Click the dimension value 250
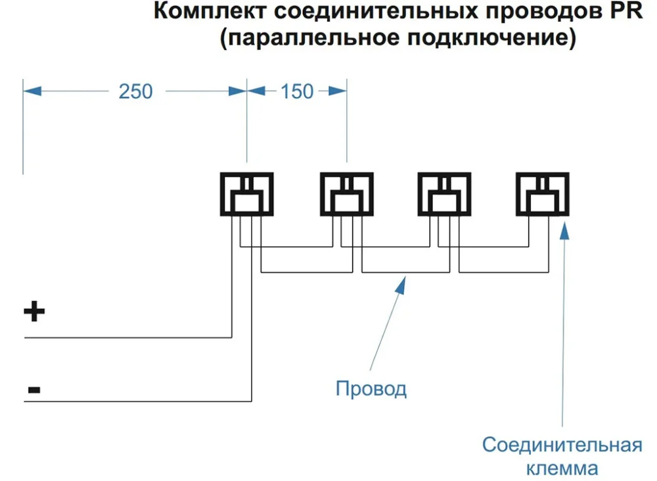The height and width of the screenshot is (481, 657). coord(135,91)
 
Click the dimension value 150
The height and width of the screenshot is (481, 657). coord(297,91)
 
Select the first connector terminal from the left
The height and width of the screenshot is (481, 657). coord(246,194)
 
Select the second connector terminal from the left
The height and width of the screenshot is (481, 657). coord(347,194)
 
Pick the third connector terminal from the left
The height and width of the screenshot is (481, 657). coord(445,194)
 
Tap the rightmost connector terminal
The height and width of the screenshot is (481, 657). coord(543,194)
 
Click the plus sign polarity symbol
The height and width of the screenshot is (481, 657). coord(34,312)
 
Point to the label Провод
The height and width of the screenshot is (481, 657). coord(371,388)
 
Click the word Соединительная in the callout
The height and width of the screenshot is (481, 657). coord(562,445)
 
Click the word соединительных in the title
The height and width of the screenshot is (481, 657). coord(363,13)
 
